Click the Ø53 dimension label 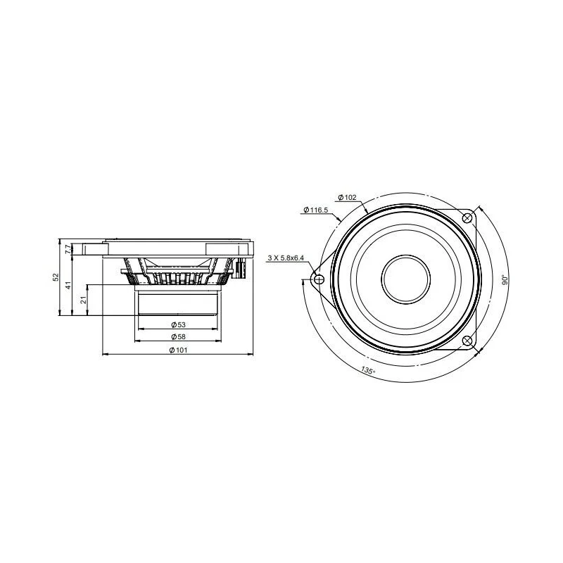coord(178,325)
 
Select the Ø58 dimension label coord(178,337)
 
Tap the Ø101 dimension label coord(178,350)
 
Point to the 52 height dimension coord(56,277)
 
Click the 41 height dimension coord(68,285)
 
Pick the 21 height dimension coord(83,301)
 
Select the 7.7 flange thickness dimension coord(68,249)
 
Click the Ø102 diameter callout coord(347,197)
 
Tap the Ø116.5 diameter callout coord(315,210)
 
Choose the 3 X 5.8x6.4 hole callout coord(286,258)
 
